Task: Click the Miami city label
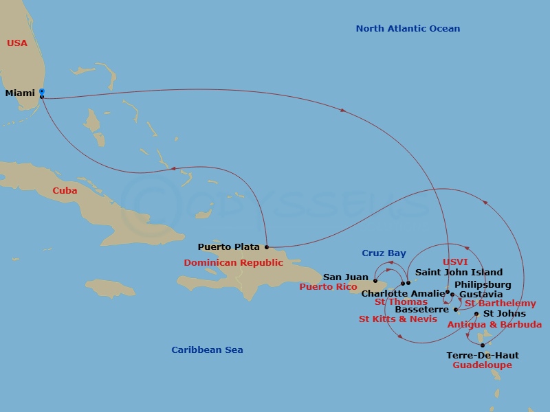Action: pos(20,93)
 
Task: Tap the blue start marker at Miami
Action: pos(42,91)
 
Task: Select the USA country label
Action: pos(17,43)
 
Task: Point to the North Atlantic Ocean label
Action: pos(408,29)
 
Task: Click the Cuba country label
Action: pos(65,191)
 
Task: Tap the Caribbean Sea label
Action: pos(207,350)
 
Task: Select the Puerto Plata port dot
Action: pos(266,247)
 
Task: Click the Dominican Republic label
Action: pos(233,263)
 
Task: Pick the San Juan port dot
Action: pos(375,280)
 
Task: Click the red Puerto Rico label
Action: pos(328,287)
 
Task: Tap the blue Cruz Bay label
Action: pos(384,253)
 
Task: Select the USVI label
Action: pos(455,262)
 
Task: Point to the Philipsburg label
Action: pos(483,284)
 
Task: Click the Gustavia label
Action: pos(485,294)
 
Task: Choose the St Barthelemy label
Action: pos(500,304)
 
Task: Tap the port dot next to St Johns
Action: pos(476,314)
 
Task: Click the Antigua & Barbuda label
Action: pos(494,324)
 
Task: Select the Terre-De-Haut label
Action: pos(483,356)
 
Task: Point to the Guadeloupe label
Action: pos(482,365)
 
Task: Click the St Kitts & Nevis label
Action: pos(398,319)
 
